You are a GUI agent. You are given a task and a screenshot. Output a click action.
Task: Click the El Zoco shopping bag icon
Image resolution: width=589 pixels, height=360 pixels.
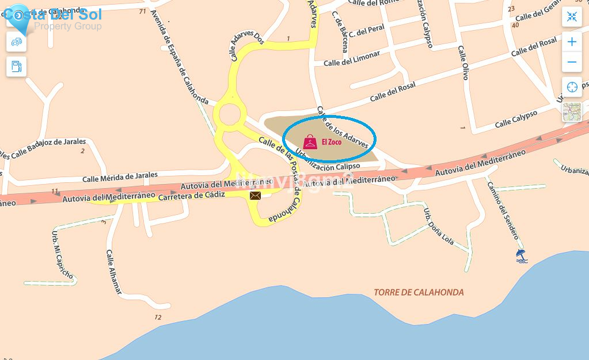(310, 142)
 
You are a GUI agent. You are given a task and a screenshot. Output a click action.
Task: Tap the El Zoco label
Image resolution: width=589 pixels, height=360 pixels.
(331, 142)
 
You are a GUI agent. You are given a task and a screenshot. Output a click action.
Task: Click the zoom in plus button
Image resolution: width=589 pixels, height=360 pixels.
(572, 42)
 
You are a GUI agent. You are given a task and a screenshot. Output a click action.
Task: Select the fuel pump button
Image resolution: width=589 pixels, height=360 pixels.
(16, 66)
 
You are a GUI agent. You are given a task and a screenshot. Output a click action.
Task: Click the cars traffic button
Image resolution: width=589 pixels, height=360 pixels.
(16, 42)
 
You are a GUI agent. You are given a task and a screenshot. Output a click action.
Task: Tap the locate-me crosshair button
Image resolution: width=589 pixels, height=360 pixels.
(572, 87)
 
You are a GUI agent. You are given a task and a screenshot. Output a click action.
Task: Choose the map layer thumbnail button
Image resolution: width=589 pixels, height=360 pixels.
(572, 112)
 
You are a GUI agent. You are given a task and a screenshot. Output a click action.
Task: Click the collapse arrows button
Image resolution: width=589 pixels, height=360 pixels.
(572, 16)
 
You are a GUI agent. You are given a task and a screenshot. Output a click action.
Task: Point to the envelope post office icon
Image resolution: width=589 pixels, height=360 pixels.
(255, 196)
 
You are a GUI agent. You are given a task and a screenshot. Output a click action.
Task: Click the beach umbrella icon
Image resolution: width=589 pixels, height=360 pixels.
(521, 256)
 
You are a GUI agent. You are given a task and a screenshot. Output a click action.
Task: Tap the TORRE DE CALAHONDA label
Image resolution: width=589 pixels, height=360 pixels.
(419, 292)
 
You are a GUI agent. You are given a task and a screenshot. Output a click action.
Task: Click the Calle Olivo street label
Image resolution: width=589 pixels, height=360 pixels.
(463, 63)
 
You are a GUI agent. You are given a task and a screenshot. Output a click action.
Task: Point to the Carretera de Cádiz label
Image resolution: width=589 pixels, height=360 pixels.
(191, 196)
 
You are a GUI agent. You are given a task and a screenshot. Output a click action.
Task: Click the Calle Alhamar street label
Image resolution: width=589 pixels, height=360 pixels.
(114, 272)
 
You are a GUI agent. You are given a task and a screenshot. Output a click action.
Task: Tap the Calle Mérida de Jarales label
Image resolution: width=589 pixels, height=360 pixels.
(120, 177)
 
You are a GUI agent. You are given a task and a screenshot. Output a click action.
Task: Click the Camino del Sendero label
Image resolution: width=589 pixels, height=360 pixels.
(503, 210)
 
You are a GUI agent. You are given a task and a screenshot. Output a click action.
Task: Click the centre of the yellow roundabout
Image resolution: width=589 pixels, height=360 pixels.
(230, 114)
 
